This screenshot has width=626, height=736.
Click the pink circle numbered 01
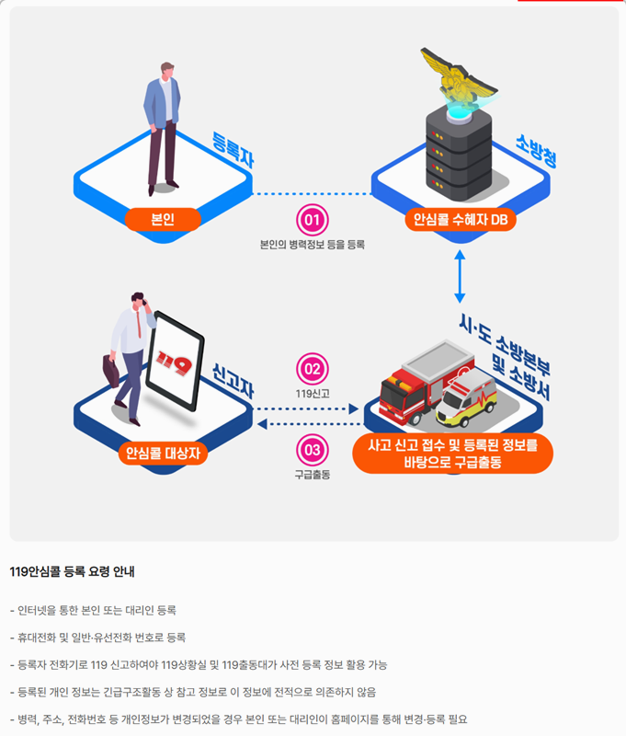tap(313, 220)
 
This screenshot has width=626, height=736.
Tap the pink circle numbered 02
tap(313, 369)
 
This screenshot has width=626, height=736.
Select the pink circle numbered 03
tap(313, 450)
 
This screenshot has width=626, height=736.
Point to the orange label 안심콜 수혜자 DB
tap(460, 220)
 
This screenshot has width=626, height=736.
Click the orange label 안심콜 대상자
tap(164, 453)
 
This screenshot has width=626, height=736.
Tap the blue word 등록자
tap(233, 150)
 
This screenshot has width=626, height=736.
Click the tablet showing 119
tap(175, 362)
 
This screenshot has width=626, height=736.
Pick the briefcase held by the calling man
tap(110, 371)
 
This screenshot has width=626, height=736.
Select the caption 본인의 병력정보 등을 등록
tap(313, 245)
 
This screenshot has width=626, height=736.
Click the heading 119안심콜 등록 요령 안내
tap(73, 571)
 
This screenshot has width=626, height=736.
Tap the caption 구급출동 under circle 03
tap(313, 475)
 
